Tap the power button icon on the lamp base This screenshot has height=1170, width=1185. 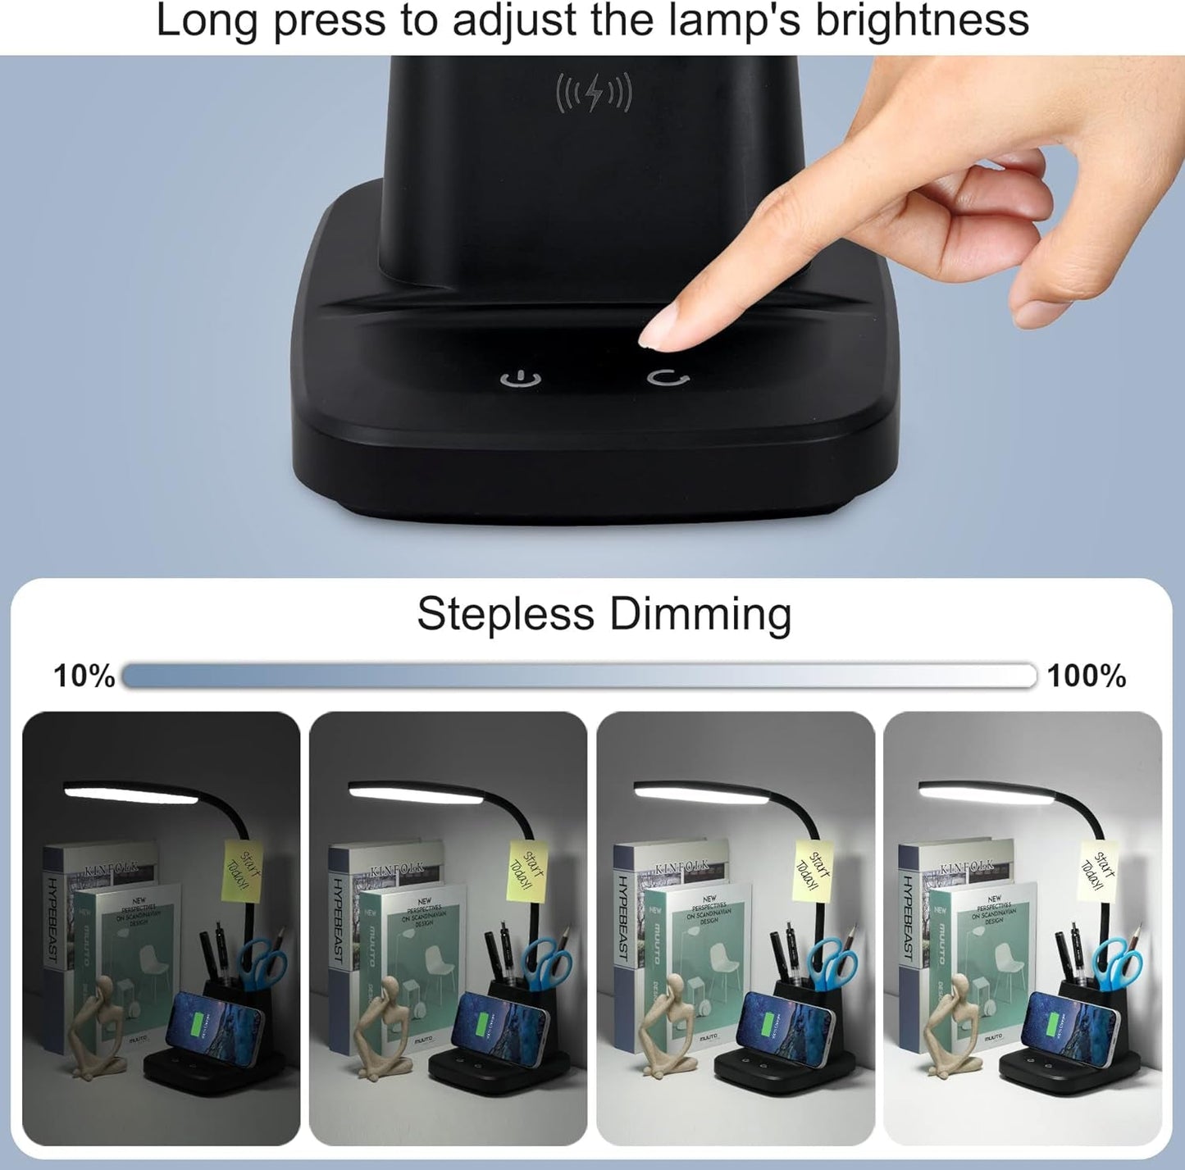pyautogui.click(x=521, y=379)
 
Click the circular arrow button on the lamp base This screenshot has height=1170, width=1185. pyautogui.click(x=668, y=377)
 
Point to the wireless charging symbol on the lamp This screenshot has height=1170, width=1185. pyautogui.click(x=594, y=93)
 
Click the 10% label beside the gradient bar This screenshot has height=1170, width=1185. pyautogui.click(x=84, y=676)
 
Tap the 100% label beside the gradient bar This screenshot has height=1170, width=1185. pyautogui.click(x=1087, y=676)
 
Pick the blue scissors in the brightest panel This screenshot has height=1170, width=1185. pyautogui.click(x=1119, y=963)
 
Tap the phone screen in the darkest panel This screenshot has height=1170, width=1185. pyautogui.click(x=215, y=1025)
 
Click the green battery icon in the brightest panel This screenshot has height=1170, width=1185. pyautogui.click(x=1053, y=1025)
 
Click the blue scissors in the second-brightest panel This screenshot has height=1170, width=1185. pyautogui.click(x=833, y=964)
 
